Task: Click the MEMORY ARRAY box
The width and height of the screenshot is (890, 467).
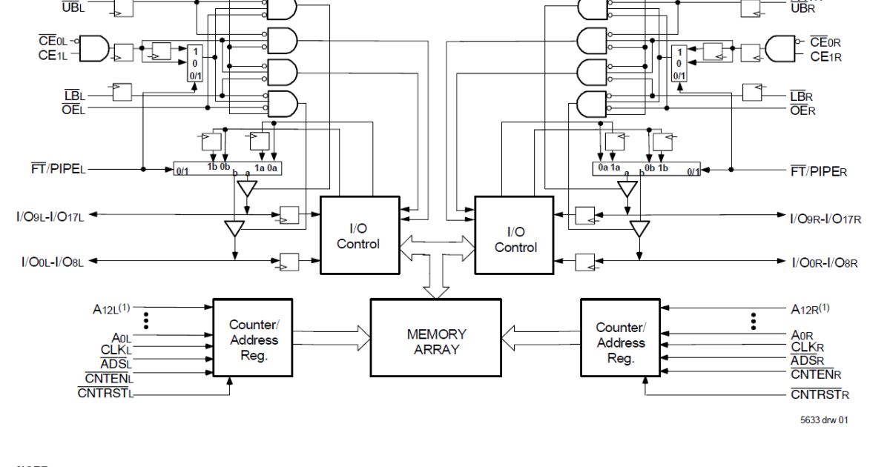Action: click(436, 342)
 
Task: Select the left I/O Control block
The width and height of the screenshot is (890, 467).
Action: click(359, 235)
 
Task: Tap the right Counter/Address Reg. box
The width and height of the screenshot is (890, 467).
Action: click(620, 342)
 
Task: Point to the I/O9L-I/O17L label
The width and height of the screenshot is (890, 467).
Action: click(50, 216)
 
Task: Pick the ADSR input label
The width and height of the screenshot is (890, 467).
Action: click(808, 361)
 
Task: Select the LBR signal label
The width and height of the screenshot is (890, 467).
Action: click(802, 97)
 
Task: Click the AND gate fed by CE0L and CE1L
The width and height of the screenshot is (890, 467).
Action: click(93, 48)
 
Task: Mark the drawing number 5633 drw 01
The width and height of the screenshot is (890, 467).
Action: click(824, 420)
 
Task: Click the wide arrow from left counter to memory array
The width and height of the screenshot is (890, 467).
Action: click(331, 340)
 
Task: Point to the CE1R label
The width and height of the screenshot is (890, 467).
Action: click(825, 57)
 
